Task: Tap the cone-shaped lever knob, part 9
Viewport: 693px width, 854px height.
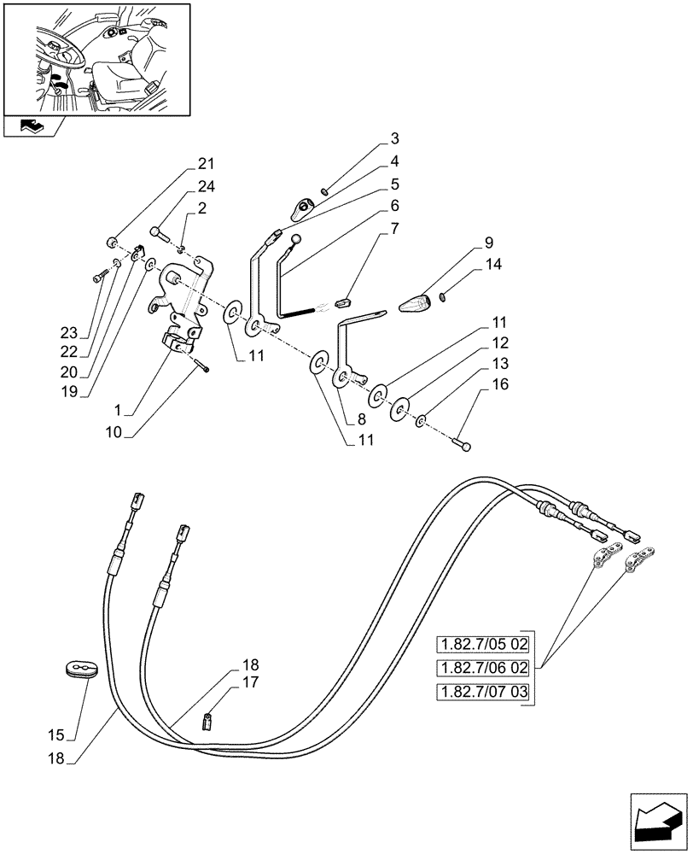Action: coord(417,303)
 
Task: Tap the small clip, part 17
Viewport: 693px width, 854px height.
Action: coord(206,723)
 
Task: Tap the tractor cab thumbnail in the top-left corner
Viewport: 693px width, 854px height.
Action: coord(96,57)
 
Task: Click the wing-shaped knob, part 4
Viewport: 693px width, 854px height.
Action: coord(304,207)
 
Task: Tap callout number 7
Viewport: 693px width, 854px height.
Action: coord(395,228)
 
